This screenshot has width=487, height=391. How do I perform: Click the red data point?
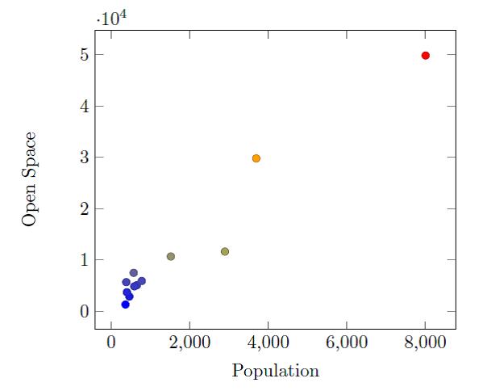pyautogui.click(x=426, y=55)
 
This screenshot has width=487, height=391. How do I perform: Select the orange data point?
pyautogui.click(x=256, y=158)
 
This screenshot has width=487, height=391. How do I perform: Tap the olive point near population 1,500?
pyautogui.click(x=171, y=256)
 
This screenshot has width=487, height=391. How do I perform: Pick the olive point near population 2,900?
pyautogui.click(x=225, y=251)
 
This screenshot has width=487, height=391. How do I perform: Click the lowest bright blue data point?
pyautogui.click(x=126, y=305)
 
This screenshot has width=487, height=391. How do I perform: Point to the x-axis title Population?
pyautogui.click(x=275, y=372)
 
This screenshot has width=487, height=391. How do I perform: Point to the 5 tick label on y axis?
pyautogui.click(x=83, y=55)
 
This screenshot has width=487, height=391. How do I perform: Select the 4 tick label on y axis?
pyautogui.click(x=83, y=106)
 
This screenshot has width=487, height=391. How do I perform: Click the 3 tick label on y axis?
pyautogui.click(x=83, y=158)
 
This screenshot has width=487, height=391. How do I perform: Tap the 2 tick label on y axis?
pyautogui.click(x=83, y=208)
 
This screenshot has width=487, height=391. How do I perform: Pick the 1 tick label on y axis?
pyautogui.click(x=83, y=260)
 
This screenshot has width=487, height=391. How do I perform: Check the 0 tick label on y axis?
pyautogui.click(x=83, y=311)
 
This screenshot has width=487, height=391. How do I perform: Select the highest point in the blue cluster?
pyautogui.click(x=134, y=273)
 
